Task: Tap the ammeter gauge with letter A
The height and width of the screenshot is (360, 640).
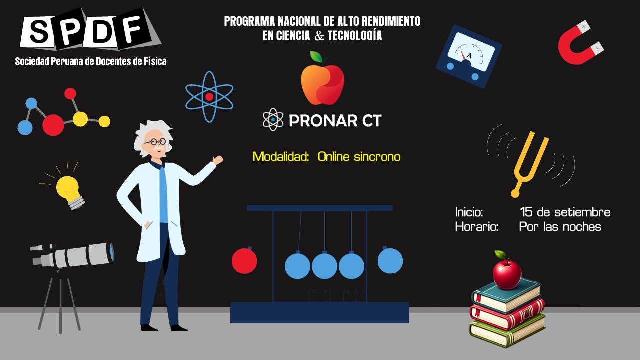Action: [469, 56]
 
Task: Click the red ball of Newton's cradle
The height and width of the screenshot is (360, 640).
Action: [244, 261]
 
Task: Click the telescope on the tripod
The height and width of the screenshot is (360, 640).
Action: [71, 257]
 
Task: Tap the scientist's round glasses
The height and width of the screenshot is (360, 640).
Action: [155, 141]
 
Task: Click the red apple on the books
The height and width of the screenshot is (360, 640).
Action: [507, 273]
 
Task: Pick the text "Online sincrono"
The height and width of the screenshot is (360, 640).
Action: [359, 157]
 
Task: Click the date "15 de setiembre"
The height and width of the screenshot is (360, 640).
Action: [565, 212]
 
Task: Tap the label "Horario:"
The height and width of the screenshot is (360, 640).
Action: [477, 227]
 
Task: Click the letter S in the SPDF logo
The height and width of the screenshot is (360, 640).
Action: [39, 31]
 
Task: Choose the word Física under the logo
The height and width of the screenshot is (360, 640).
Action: [155, 61]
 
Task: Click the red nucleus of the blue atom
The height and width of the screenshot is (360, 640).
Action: [209, 97]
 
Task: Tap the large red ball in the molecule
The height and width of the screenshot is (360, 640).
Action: [53, 125]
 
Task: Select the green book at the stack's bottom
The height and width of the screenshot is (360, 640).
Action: [507, 331]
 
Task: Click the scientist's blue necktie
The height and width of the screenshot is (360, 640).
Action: [163, 194]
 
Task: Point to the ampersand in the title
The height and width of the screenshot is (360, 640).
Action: [319, 36]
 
